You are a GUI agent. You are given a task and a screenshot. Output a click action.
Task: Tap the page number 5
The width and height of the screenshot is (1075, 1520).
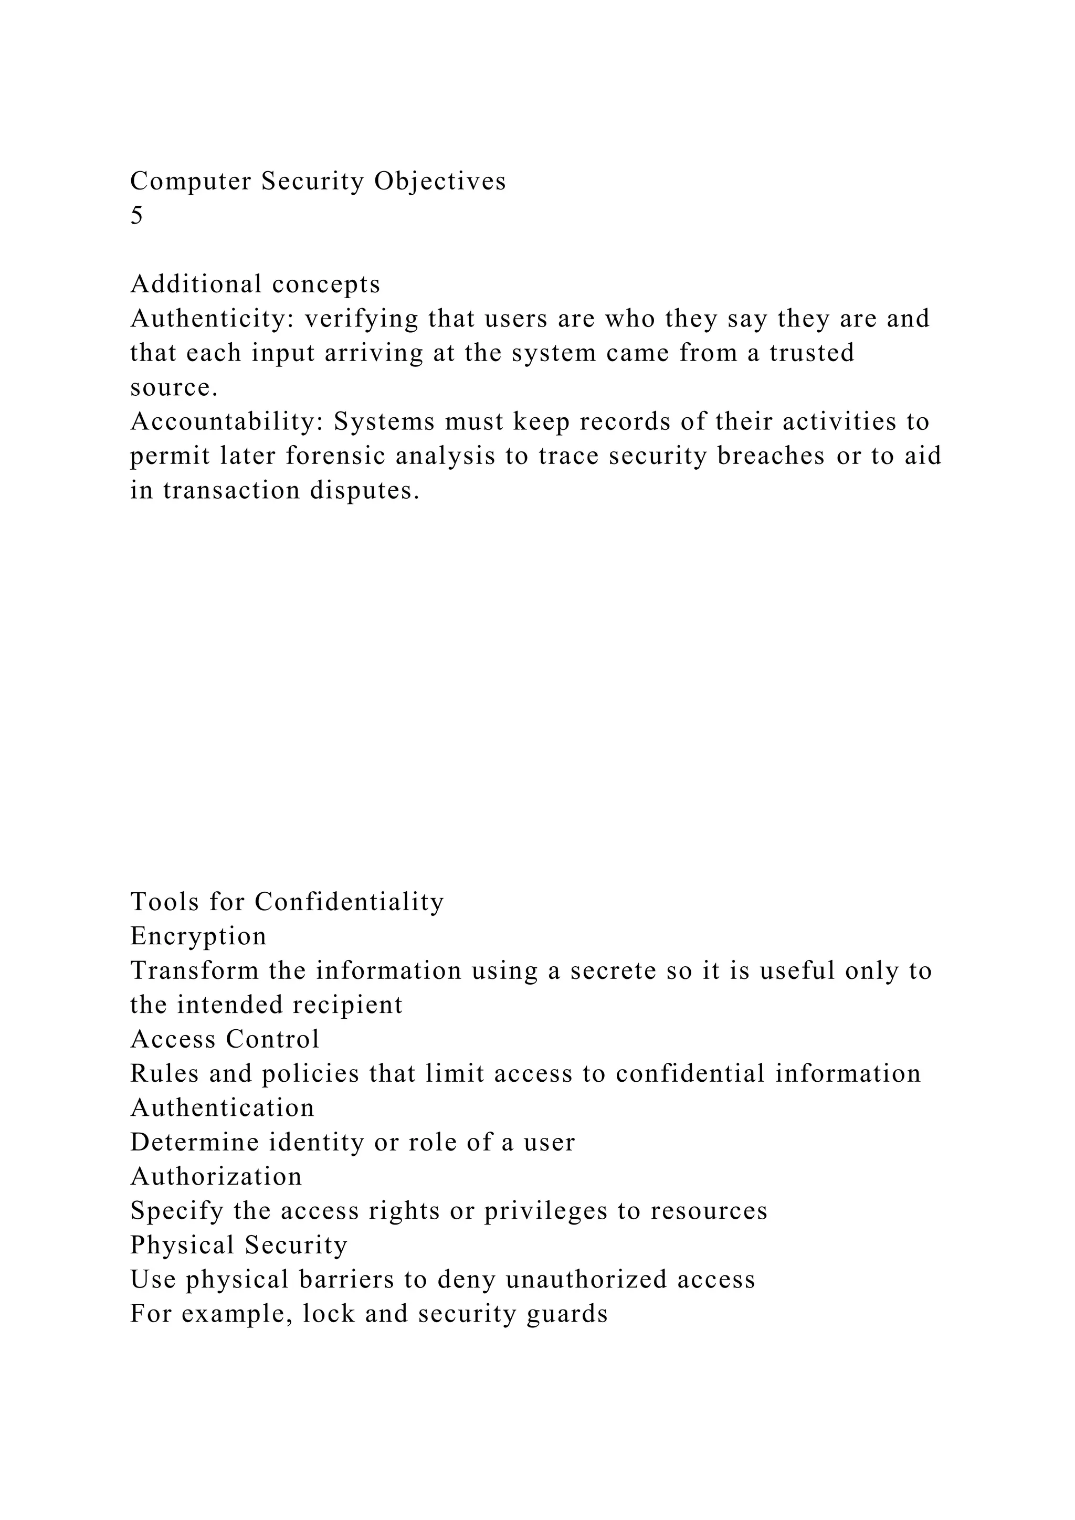click(x=136, y=216)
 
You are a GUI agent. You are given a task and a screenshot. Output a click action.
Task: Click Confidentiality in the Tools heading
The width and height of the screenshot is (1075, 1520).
click(x=349, y=902)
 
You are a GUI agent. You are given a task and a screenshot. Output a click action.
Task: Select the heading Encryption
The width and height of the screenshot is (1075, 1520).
click(x=198, y=936)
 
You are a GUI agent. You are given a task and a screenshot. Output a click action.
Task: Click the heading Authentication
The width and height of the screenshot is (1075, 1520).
click(x=223, y=1107)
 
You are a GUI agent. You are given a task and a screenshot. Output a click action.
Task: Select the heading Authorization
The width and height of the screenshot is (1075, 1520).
click(x=216, y=1176)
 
